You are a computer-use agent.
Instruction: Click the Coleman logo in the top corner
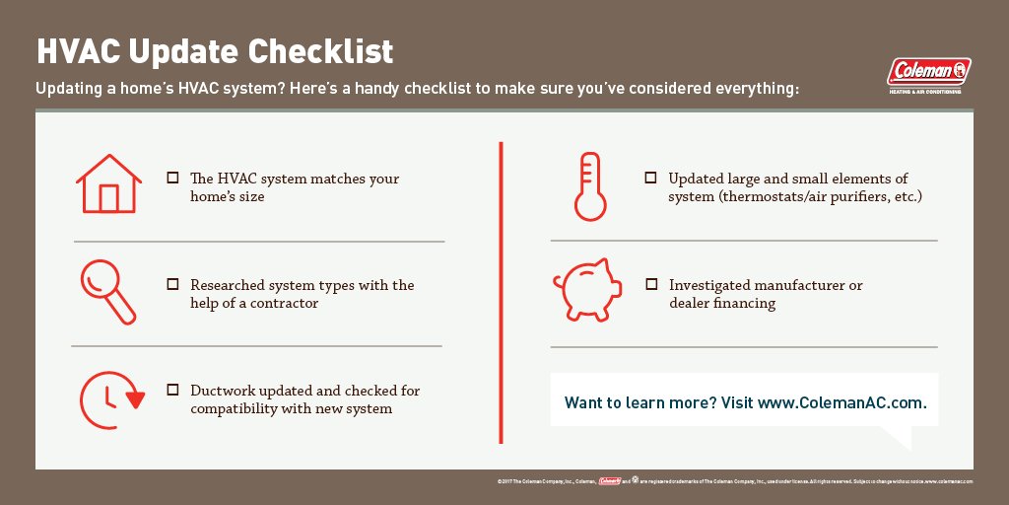pos(928,72)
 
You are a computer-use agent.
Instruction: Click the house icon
pos(108,183)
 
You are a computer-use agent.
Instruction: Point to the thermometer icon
pos(589,185)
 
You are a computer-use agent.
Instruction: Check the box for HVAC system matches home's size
pos(172,179)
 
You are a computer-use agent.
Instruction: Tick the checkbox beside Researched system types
pos(172,284)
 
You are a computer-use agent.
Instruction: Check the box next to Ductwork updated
pos(172,390)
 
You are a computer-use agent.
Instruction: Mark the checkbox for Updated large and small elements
pos(650,178)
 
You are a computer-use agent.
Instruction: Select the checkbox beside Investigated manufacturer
pos(650,284)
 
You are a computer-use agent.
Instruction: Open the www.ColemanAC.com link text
pos(841,403)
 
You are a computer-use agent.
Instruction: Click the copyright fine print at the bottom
pos(735,481)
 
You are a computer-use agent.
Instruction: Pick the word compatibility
pos(236,408)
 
